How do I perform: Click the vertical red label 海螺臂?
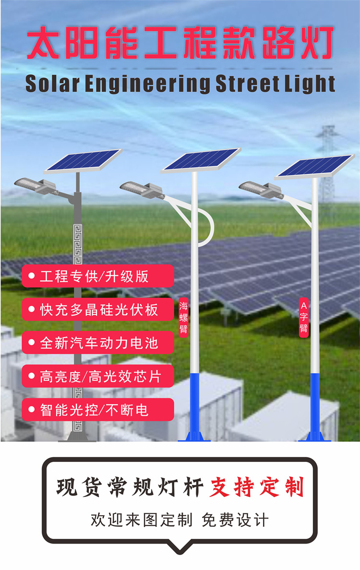tap(183, 317)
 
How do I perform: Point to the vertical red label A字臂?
tap(303, 317)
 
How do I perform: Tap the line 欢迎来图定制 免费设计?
tap(180, 520)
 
